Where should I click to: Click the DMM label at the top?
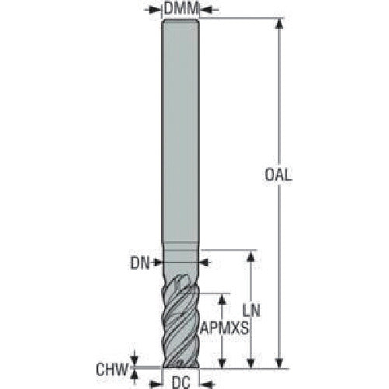(181, 9)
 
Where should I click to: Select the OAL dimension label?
(279, 175)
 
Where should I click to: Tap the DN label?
(140, 264)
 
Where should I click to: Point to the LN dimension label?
(251, 310)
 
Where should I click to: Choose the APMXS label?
(224, 328)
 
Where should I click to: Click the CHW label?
(112, 370)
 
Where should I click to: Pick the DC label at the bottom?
(181, 382)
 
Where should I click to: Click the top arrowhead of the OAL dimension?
(279, 23)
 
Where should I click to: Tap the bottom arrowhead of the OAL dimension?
(279, 363)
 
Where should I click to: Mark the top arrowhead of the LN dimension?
(251, 256)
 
